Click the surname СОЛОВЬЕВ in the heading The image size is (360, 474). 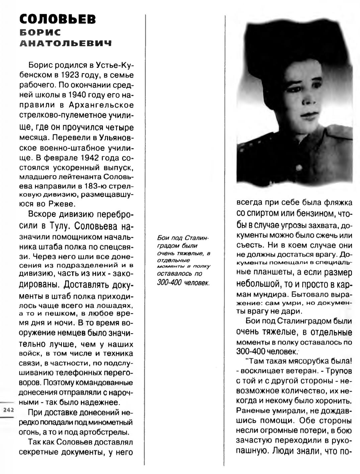[x=58, y=19]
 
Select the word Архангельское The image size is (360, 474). [x=101, y=105]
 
